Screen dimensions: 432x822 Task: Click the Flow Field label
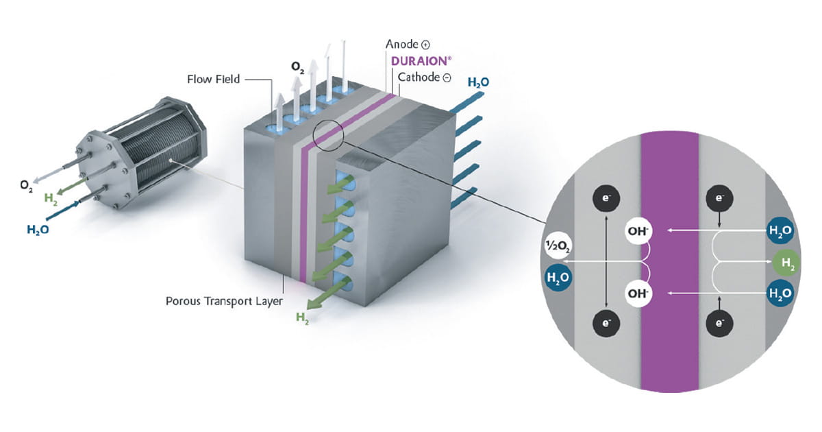[213, 79]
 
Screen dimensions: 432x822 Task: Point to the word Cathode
[419, 77]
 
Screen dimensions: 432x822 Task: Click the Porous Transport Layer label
[224, 300]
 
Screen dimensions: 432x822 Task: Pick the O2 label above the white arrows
[297, 67]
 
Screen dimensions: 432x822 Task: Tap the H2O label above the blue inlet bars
[478, 82]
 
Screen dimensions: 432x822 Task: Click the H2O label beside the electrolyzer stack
[38, 230]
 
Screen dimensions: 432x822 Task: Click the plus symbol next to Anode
[425, 45]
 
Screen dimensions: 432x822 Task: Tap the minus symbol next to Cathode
[447, 78]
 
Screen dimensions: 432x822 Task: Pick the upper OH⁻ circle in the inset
[638, 231]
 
